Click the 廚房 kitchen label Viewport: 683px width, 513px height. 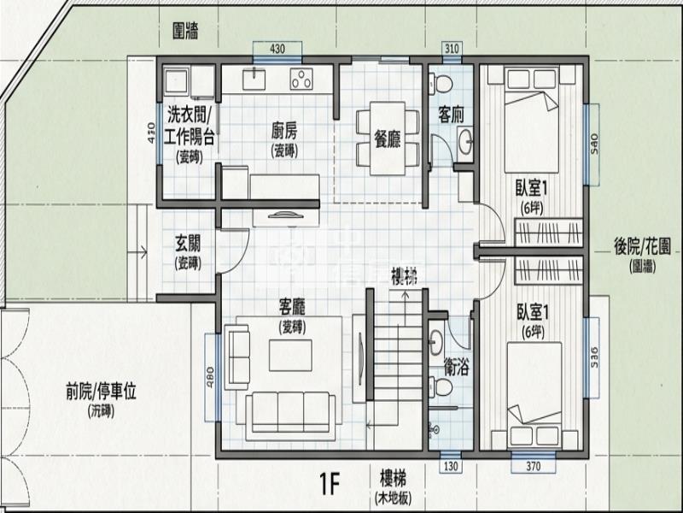pos(284,132)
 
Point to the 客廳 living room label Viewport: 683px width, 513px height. pos(291,305)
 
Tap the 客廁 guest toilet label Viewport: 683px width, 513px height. pos(450,114)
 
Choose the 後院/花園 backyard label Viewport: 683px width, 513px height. pos(642,245)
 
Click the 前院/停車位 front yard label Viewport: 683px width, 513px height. pos(101,392)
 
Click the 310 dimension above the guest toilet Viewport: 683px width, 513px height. pos(452,47)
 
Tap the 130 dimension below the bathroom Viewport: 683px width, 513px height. pos(451,466)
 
